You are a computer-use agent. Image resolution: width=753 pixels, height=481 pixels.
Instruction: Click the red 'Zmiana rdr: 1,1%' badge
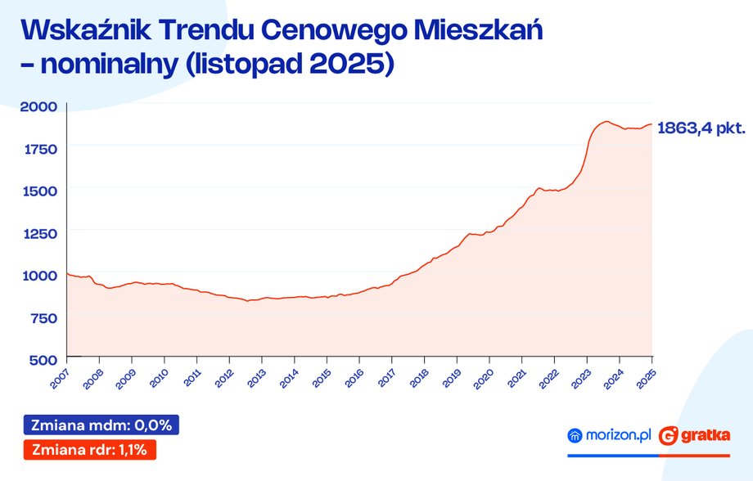pyautogui.click(x=91, y=449)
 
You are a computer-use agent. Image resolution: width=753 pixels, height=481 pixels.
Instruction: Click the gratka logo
pyautogui.click(x=696, y=436)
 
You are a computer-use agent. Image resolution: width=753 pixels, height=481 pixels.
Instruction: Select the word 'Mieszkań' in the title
pyautogui.click(x=476, y=31)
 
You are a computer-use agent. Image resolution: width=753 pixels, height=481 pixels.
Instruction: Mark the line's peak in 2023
pyautogui.click(x=606, y=122)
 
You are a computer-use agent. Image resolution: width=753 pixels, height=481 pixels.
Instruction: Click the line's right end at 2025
pyautogui.click(x=652, y=124)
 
